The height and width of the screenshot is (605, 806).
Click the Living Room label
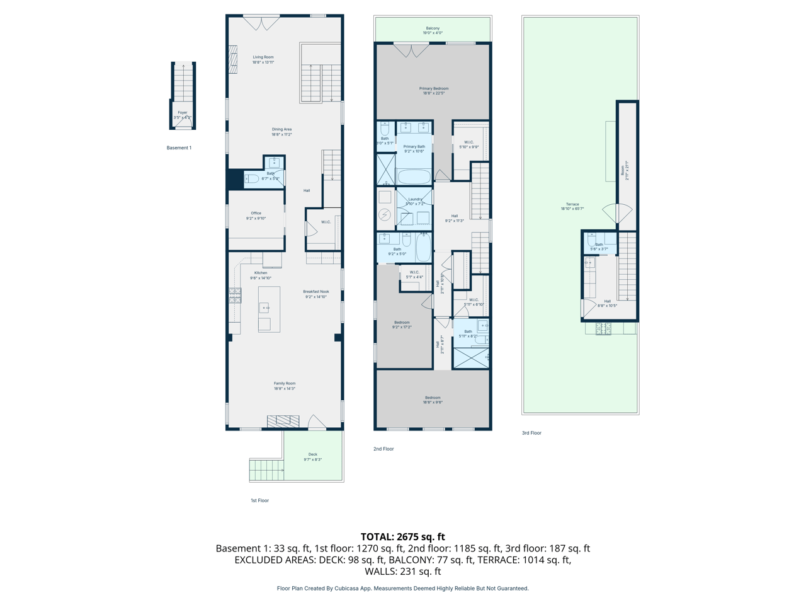263,59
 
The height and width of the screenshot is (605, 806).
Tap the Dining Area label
281,132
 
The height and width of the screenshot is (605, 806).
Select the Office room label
256,216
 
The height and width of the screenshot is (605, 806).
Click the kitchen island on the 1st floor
269,309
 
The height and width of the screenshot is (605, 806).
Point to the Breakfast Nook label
315,294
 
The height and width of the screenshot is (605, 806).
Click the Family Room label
285,386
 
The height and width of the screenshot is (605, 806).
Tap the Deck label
313,456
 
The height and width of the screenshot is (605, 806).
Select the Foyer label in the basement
183,115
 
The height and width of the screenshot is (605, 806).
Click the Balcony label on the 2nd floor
433,30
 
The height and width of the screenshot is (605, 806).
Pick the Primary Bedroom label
434,91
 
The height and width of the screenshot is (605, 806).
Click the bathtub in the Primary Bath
414,177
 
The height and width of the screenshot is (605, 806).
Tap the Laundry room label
415,201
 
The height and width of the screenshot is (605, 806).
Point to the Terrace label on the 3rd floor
572,206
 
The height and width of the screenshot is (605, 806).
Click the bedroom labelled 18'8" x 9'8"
433,400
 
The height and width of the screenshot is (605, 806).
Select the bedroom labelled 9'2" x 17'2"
402,325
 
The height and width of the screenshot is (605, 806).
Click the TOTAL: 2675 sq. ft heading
403,537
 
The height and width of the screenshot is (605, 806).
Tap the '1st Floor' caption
259,500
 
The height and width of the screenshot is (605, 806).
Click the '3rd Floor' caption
531,433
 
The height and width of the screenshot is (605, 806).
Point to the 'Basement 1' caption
179,147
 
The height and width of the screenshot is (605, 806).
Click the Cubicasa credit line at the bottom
403,588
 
